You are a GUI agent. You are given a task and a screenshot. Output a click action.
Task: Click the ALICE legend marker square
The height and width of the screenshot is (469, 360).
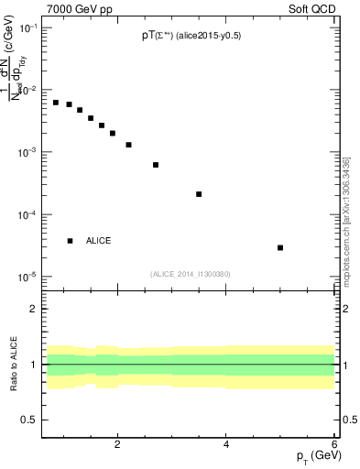coord(71,241)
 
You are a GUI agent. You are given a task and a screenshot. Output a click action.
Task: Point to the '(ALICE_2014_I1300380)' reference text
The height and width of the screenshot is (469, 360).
coord(191,274)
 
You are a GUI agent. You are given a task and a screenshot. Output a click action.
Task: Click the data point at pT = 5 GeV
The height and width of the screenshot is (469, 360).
coord(280,247)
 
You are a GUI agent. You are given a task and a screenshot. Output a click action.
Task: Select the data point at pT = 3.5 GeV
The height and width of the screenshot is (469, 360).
coord(199,194)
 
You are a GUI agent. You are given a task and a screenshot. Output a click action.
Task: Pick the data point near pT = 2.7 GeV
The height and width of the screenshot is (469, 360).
coord(156,165)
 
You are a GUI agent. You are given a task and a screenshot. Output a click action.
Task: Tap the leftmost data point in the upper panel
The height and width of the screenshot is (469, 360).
coord(56,103)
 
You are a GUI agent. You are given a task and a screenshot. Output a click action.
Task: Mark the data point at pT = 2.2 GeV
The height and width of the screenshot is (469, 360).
coord(129,145)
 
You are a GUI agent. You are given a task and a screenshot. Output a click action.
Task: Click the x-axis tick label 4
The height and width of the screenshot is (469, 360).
coord(226,444)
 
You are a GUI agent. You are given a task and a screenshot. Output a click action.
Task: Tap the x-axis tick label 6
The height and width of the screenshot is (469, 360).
coord(334,444)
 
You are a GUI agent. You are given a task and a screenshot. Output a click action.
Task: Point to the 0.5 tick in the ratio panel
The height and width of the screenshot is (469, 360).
coord(28,420)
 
